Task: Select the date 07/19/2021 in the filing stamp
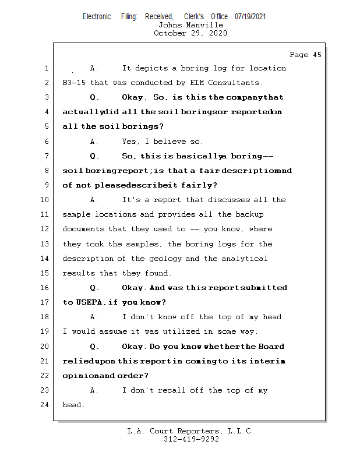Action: click(250, 16)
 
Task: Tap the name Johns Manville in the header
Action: click(190, 25)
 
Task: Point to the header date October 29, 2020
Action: click(190, 33)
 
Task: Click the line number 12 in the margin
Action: click(46, 230)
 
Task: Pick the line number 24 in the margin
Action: click(46, 405)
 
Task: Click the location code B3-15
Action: click(74, 83)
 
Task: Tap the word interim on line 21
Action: click(267, 361)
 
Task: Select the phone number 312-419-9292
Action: click(191, 439)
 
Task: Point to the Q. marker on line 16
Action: click(94, 288)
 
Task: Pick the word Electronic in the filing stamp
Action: click(97, 16)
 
